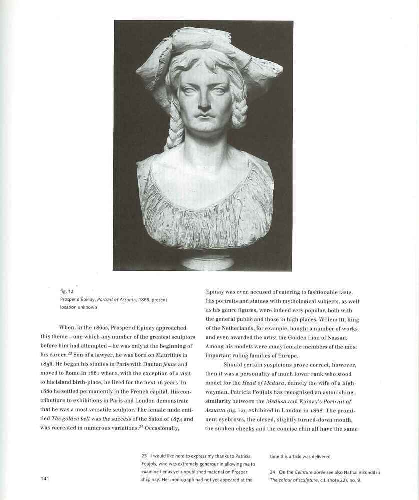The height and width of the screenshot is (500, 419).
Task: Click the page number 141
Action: tap(44, 479)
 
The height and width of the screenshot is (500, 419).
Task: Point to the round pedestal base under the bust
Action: tap(207, 262)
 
